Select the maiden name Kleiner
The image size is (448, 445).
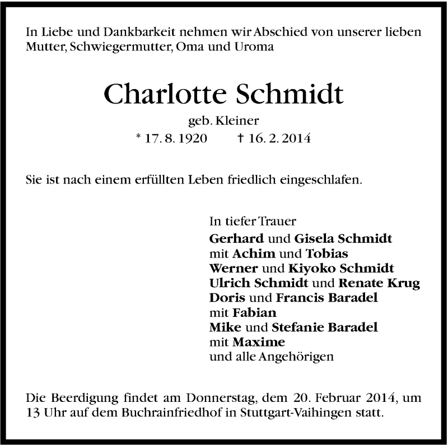(x=243, y=120)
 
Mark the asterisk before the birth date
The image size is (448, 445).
(x=138, y=136)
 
